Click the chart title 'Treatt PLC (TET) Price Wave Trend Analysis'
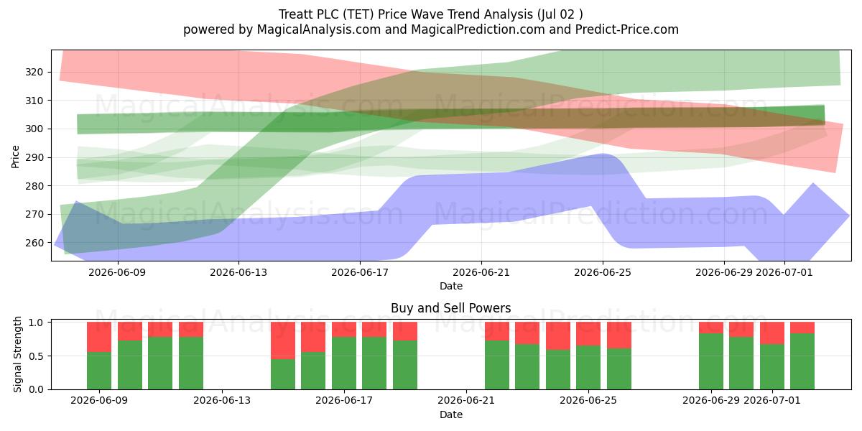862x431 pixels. tap(406, 14)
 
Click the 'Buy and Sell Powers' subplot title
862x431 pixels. tap(450, 308)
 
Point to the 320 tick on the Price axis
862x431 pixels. tap(34, 72)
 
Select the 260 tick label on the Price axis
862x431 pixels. tap(34, 243)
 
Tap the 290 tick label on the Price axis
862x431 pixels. tap(34, 157)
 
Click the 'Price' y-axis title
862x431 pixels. tap(15, 157)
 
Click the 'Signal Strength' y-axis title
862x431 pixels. tap(17, 354)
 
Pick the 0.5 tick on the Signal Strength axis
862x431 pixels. tap(37, 356)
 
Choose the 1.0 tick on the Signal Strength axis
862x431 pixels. tap(37, 322)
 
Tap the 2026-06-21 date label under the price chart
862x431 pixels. tap(481, 272)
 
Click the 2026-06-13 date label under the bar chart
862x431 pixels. tap(222, 401)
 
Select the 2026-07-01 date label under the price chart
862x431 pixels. tap(784, 272)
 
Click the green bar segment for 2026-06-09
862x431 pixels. tap(99, 371)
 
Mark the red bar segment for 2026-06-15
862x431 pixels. tap(283, 340)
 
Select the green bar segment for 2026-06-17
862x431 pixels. tap(344, 363)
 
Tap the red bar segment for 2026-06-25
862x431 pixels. tap(618, 335)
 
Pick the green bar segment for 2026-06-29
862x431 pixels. tap(710, 361)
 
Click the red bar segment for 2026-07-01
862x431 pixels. tap(772, 333)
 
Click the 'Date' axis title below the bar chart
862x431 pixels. tap(451, 415)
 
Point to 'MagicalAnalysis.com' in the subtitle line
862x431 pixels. tap(319, 29)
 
